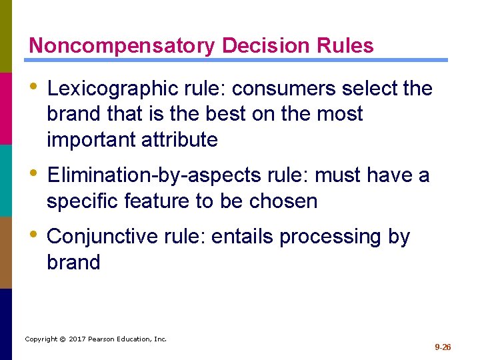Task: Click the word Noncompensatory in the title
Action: click(x=122, y=46)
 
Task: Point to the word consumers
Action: click(x=266, y=89)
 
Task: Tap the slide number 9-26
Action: click(x=443, y=347)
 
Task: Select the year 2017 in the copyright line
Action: click(x=77, y=339)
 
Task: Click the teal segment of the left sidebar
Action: click(x=6, y=180)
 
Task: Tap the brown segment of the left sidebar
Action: click(x=6, y=252)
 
